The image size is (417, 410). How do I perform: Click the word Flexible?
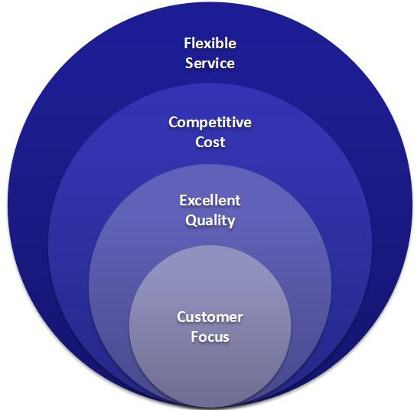[x=210, y=43]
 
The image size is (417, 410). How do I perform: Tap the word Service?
[x=210, y=63]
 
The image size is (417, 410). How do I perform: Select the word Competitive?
[x=210, y=123]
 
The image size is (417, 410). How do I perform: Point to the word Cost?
[x=210, y=142]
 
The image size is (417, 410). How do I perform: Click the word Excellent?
[x=210, y=200]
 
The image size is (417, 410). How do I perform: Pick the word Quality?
[x=210, y=221]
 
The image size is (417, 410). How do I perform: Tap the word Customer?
[x=210, y=317]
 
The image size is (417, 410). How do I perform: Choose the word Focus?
[x=210, y=336]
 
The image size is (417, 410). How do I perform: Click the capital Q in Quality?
[x=191, y=221]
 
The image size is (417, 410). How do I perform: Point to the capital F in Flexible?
[x=187, y=43]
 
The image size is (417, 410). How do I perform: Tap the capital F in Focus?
[x=194, y=336]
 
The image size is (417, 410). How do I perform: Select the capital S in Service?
[x=189, y=64]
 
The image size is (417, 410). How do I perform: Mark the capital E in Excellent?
[x=183, y=201]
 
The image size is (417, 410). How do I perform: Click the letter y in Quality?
[x=231, y=223]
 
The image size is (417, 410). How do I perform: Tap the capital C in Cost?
[x=200, y=142]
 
